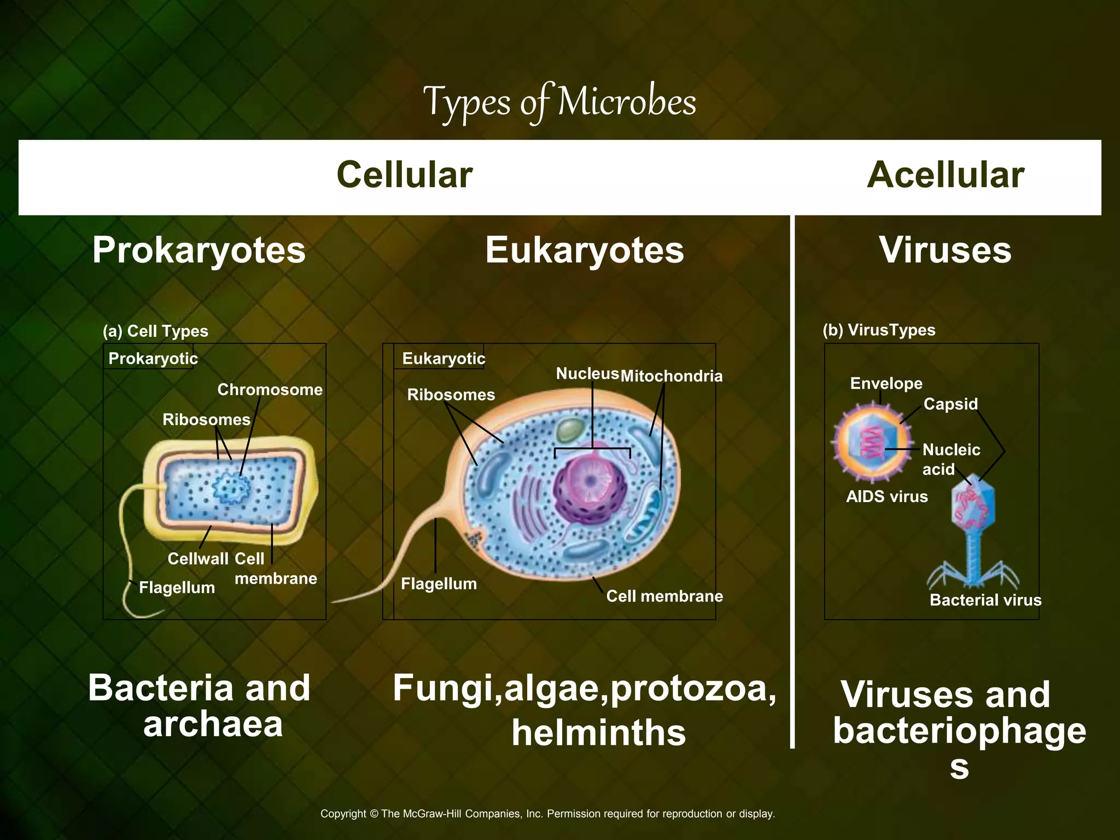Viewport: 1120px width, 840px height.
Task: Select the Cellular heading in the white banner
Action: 404,175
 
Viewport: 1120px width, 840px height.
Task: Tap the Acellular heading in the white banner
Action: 945,175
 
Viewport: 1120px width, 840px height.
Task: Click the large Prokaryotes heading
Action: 199,250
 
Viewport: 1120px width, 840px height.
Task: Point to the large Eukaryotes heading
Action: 584,250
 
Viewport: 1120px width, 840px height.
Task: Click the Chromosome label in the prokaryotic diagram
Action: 270,389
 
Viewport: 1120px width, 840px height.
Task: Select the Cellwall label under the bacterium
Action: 197,558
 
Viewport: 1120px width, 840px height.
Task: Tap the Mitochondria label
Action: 671,376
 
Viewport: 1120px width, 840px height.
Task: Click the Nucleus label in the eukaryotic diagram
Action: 587,374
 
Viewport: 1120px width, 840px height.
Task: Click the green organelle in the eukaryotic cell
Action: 570,430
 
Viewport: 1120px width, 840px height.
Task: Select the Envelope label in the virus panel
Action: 886,383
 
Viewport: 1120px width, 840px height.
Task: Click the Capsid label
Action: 950,404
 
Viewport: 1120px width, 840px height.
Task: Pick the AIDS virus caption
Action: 886,497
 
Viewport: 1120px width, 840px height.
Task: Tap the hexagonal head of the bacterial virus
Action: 973,506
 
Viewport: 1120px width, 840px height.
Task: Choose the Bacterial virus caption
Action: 985,600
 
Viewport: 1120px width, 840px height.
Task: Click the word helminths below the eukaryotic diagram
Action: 598,732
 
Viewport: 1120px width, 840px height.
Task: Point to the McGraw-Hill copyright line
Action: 547,813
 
